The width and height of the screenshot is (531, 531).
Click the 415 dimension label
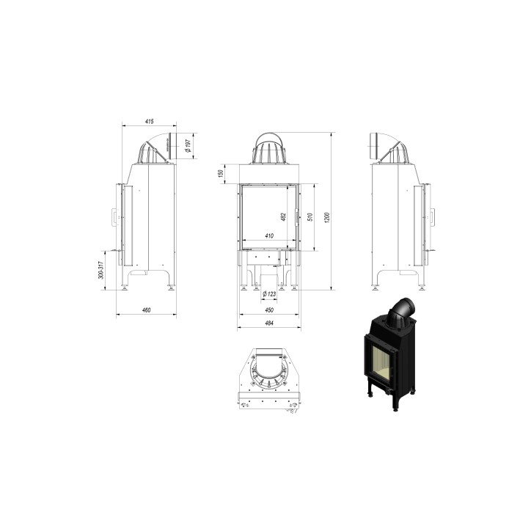pyautogui.click(x=149, y=120)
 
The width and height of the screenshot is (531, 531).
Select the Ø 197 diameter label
pyautogui.click(x=188, y=146)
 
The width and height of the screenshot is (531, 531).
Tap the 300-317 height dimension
pyautogui.click(x=101, y=271)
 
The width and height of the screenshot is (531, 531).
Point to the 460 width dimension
pyautogui.click(x=146, y=310)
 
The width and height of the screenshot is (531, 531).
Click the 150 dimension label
pyautogui.click(x=220, y=173)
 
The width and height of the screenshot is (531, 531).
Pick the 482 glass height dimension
pyautogui.click(x=283, y=216)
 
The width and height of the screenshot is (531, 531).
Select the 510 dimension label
pyautogui.click(x=310, y=216)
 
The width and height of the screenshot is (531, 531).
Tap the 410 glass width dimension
pyautogui.click(x=268, y=236)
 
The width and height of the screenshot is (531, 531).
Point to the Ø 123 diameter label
pyautogui.click(x=269, y=294)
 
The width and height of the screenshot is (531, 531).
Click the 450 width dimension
pyautogui.click(x=268, y=310)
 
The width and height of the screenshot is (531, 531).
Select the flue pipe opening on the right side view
pyautogui.click(x=373, y=146)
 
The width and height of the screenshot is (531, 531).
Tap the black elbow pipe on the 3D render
pyautogui.click(x=403, y=311)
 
